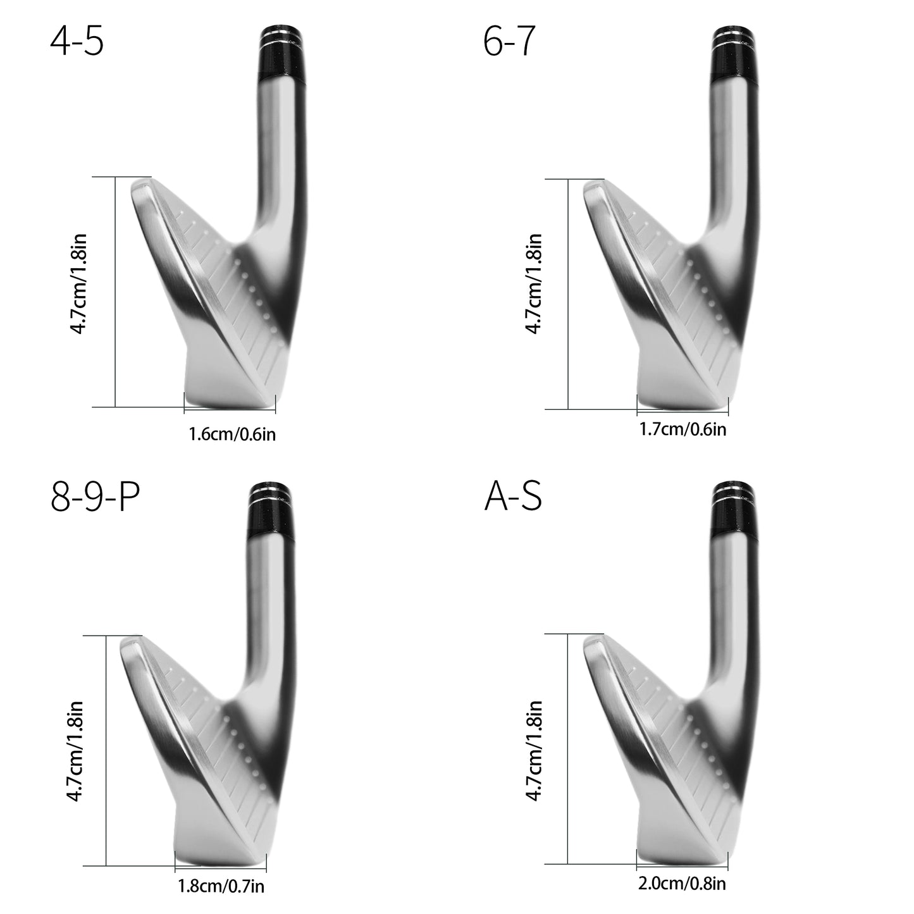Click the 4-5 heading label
(77, 41)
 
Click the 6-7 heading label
(509, 41)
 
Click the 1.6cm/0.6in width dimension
(232, 434)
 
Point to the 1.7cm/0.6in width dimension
(682, 429)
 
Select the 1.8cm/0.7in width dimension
(221, 886)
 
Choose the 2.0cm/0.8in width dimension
(682, 884)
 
